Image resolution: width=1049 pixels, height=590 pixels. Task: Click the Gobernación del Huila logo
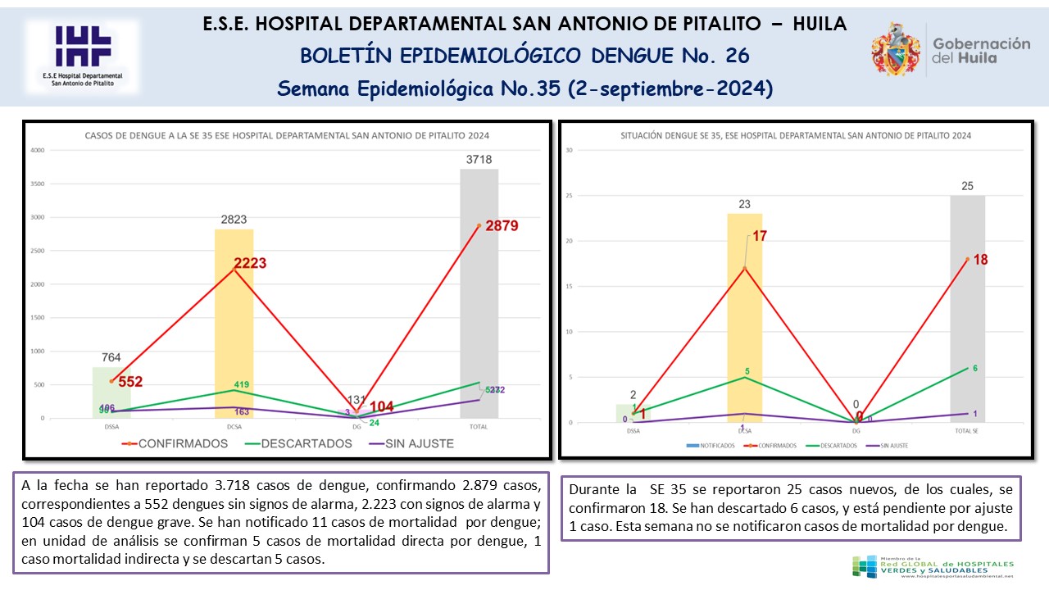click(x=951, y=49)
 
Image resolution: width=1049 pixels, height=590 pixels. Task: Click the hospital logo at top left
click(x=82, y=54)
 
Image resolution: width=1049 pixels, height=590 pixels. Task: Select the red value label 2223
click(x=238, y=263)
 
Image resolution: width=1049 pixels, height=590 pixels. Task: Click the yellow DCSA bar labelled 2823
click(x=234, y=328)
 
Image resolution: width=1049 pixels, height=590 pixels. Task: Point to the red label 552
click(x=131, y=382)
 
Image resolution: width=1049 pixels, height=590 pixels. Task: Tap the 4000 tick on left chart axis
click(x=38, y=150)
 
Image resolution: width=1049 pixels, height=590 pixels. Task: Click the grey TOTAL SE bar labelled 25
click(x=967, y=311)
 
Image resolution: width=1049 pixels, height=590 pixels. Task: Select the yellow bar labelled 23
click(x=744, y=320)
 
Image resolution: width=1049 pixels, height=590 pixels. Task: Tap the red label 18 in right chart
click(x=979, y=260)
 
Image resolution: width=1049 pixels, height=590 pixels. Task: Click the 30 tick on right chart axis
click(x=568, y=150)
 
